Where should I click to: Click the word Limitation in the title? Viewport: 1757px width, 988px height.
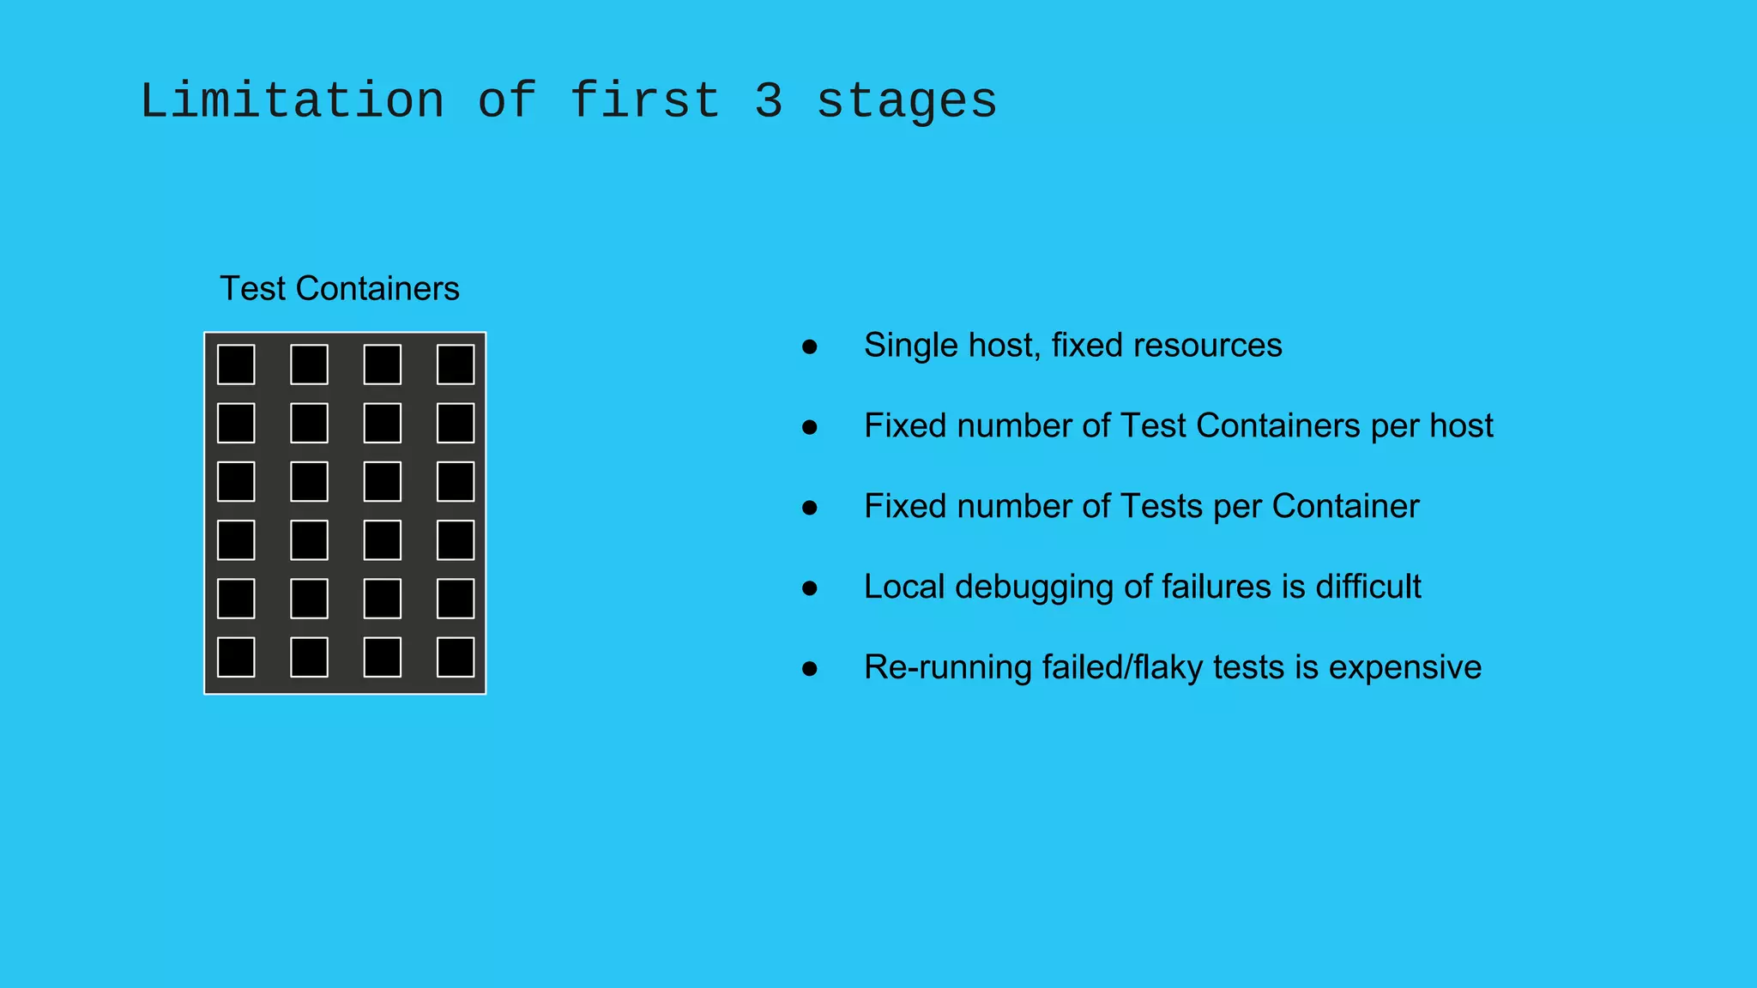292,101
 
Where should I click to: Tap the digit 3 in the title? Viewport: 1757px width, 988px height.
769,101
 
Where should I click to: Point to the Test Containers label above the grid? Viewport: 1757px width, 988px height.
340,289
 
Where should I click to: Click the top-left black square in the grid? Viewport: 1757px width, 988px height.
236,364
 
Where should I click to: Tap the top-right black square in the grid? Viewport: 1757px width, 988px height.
456,364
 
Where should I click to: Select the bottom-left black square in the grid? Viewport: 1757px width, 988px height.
236,657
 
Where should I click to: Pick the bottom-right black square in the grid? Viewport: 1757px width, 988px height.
456,657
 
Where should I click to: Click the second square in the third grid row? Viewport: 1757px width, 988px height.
309,481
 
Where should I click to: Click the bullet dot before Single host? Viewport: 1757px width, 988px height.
809,346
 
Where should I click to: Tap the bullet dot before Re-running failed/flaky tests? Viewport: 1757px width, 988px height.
809,669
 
